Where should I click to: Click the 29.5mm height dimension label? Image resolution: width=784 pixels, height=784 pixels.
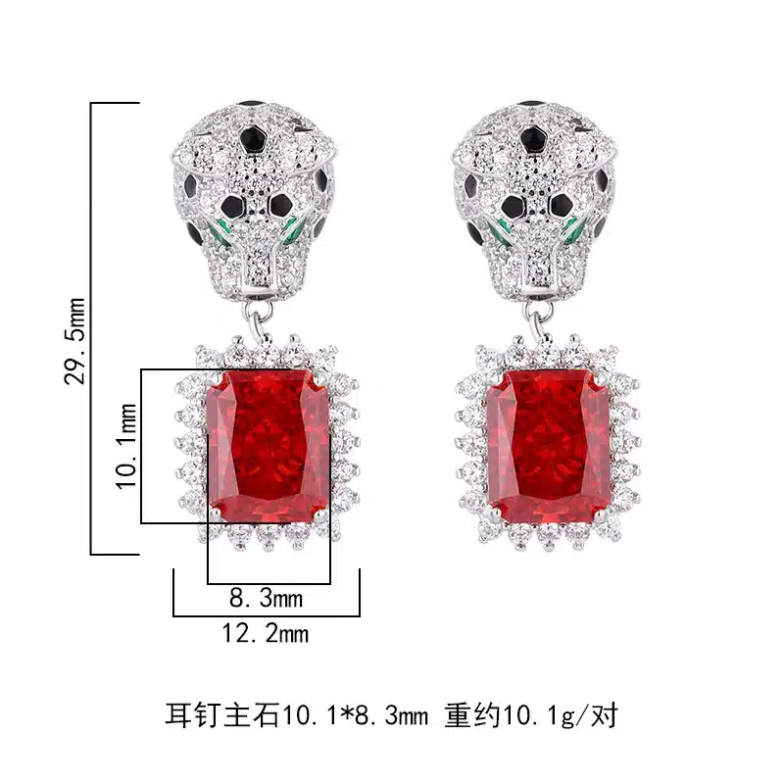(x=75, y=341)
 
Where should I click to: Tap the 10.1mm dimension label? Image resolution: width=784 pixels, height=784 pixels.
(x=126, y=446)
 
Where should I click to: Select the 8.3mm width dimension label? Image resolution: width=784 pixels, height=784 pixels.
(x=266, y=598)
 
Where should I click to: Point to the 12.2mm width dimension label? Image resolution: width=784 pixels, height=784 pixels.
(x=265, y=633)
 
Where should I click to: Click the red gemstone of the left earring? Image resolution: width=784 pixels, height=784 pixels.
(x=269, y=446)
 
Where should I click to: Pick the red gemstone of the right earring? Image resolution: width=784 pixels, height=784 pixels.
(x=549, y=446)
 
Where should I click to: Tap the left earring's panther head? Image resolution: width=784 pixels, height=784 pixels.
(x=254, y=200)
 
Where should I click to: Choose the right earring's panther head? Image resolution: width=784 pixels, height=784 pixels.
(x=534, y=200)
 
